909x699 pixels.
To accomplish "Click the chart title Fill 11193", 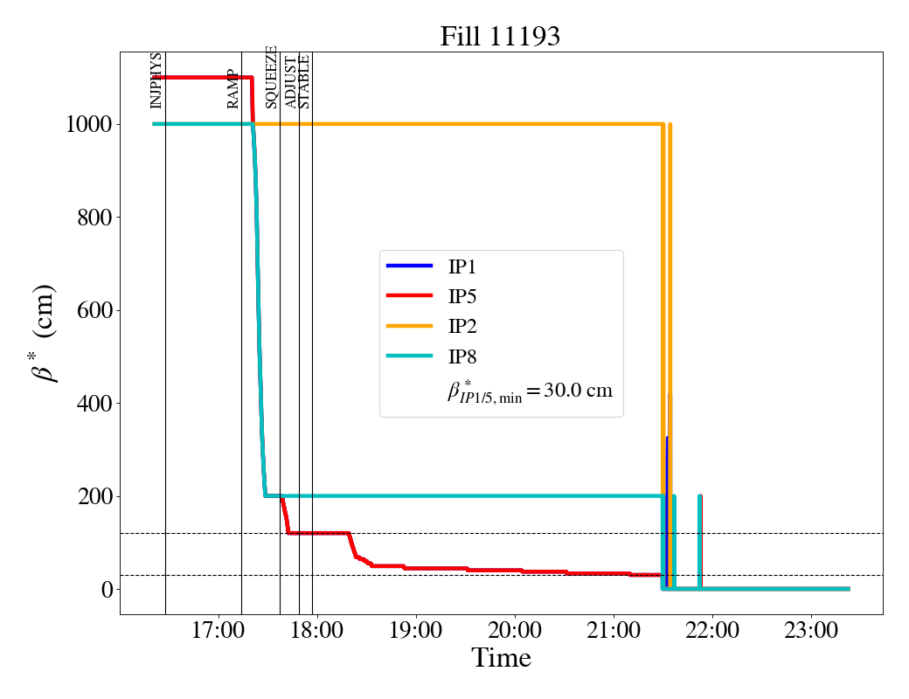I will click(500, 37).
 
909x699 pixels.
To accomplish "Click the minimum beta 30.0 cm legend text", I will click(530, 390).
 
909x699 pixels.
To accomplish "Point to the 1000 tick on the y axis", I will click(88, 124).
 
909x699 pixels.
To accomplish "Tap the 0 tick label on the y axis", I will click(107, 590).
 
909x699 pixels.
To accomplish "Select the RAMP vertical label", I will click(233, 89).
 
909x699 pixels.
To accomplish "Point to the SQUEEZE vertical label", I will click(272, 77).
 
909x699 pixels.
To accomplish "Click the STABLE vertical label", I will click(304, 81).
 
